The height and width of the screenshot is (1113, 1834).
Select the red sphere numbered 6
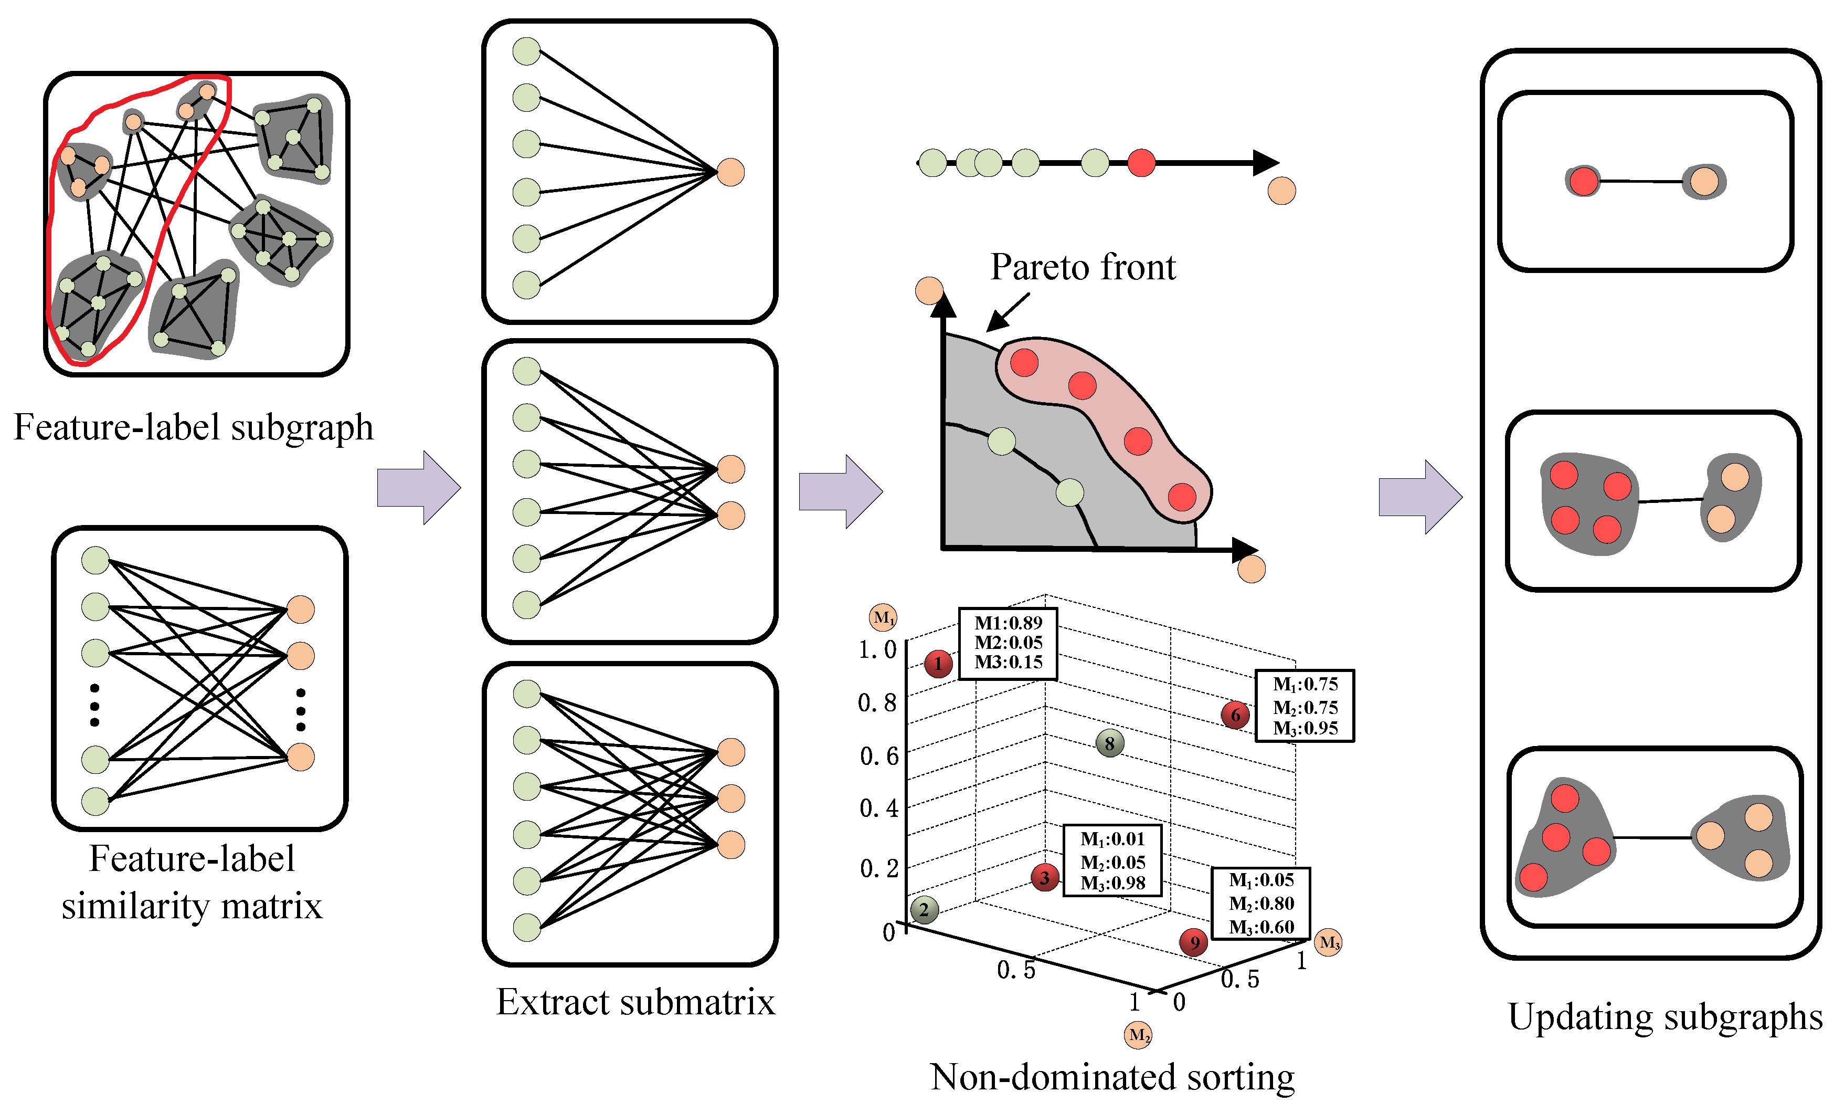tap(1235, 715)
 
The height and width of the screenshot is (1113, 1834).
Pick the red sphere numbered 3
tap(1045, 878)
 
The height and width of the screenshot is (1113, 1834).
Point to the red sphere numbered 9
tap(1194, 942)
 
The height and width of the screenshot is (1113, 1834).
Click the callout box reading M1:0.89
tap(1008, 643)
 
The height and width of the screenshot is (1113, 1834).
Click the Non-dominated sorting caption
tap(1112, 1077)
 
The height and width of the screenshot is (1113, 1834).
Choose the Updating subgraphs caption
tap(1665, 1016)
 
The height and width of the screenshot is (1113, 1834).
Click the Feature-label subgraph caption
tap(194, 427)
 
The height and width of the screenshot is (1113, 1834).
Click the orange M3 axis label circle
tap(1329, 942)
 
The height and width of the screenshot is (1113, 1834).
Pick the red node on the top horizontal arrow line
tap(1141, 162)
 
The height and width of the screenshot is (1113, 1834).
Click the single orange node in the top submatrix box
tap(730, 172)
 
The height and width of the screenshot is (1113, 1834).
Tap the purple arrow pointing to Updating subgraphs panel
tap(1420, 497)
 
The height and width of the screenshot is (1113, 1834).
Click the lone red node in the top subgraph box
tap(1583, 181)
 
